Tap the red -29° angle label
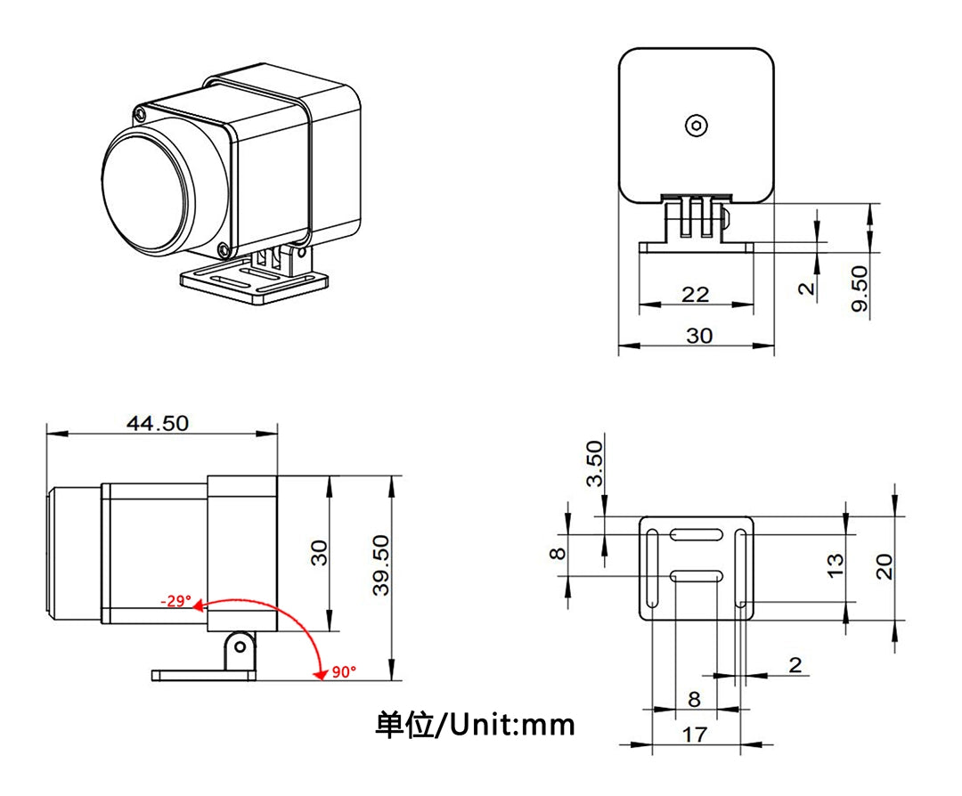[175, 601]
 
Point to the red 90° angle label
[343, 672]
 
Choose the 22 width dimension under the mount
[695, 294]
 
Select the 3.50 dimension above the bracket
[594, 463]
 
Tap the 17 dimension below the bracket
[695, 735]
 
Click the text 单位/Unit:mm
[475, 725]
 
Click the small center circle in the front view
[696, 126]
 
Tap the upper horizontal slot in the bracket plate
[697, 535]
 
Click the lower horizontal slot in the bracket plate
[697, 577]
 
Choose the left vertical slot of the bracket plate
[654, 569]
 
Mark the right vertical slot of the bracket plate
[739, 569]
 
